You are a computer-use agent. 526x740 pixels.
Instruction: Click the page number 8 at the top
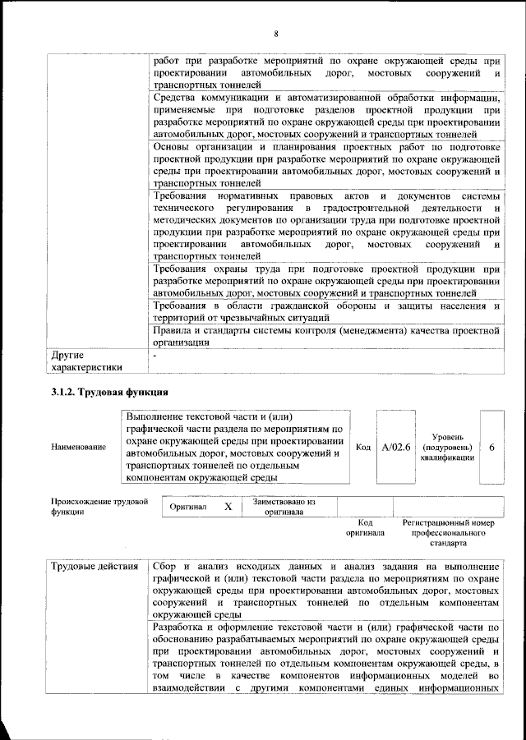(x=276, y=33)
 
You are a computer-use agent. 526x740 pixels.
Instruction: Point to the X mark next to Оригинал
(x=228, y=507)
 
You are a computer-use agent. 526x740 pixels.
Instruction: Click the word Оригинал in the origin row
(x=188, y=508)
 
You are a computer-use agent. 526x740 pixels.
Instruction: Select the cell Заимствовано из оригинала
(x=284, y=507)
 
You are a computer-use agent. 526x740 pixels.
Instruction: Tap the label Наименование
(x=78, y=447)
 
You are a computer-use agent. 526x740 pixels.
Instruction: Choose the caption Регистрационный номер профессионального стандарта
(x=447, y=532)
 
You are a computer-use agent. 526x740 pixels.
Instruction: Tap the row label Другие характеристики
(x=86, y=362)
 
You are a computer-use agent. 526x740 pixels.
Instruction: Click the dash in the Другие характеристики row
(x=155, y=356)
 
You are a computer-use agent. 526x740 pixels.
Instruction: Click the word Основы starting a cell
(x=173, y=146)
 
